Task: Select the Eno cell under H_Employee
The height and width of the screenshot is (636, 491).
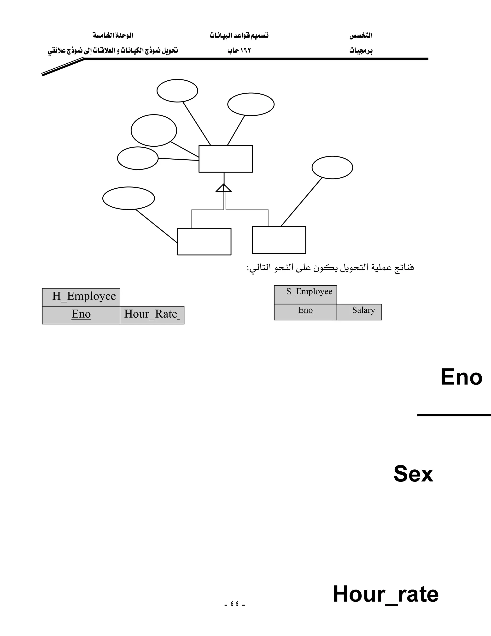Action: click(x=81, y=314)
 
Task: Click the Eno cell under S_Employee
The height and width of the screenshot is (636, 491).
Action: click(x=305, y=311)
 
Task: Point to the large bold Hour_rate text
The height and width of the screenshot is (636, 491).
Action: click(x=386, y=594)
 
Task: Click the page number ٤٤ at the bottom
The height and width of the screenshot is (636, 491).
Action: click(x=235, y=604)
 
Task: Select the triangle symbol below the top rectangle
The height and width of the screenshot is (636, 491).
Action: click(x=224, y=188)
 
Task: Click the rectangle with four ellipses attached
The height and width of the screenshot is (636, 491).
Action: click(x=225, y=159)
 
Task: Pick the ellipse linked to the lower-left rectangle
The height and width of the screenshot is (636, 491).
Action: click(x=129, y=198)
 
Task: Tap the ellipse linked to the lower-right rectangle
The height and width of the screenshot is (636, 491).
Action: click(x=332, y=168)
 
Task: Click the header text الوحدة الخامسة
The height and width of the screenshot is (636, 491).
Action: click(x=113, y=36)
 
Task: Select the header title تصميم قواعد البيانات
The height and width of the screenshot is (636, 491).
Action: click(x=239, y=36)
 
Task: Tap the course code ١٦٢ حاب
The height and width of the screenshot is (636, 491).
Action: click(x=239, y=51)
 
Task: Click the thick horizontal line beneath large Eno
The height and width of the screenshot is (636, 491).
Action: click(x=454, y=415)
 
